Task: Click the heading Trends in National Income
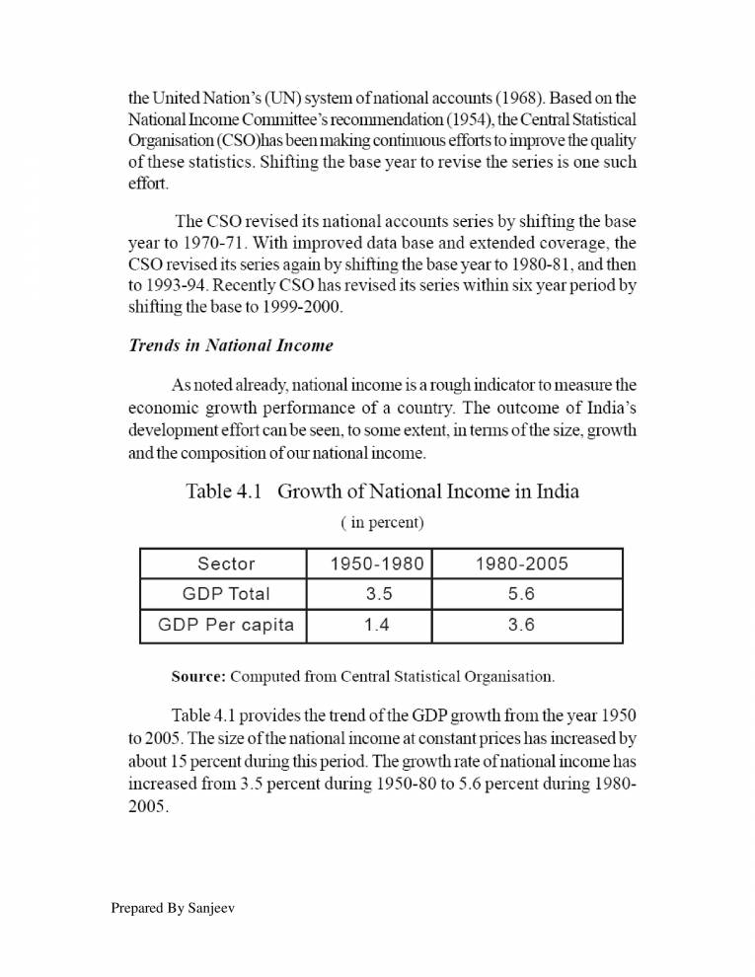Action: coord(231,345)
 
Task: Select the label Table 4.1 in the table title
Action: coord(223,491)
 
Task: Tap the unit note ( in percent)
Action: coord(382,521)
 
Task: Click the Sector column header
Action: coord(226,564)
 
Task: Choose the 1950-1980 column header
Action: coord(377,564)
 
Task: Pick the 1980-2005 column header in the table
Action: coord(521,564)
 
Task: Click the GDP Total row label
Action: coord(226,594)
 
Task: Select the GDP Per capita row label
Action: coord(226,625)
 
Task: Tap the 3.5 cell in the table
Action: coord(378,594)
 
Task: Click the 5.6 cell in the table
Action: coord(521,594)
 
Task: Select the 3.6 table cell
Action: coord(521,625)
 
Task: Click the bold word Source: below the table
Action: coord(198,677)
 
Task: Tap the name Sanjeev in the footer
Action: coord(210,907)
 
